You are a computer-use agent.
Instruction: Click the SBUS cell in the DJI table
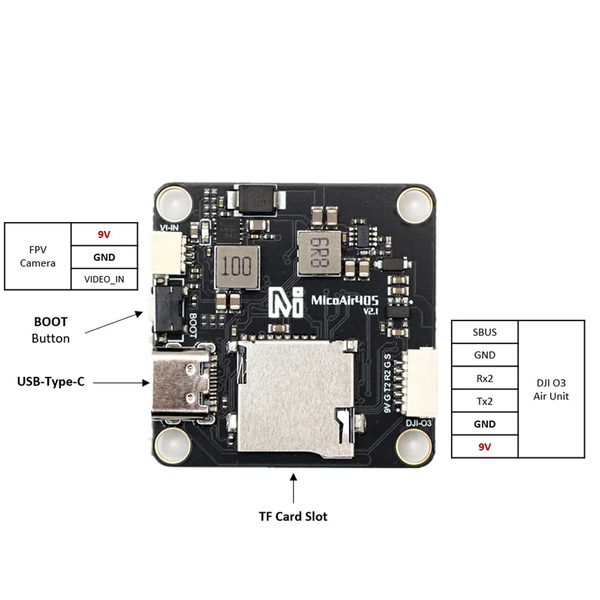(x=484, y=332)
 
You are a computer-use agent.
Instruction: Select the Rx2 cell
(x=484, y=378)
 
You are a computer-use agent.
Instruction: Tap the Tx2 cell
(x=484, y=401)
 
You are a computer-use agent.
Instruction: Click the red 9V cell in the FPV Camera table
(x=104, y=235)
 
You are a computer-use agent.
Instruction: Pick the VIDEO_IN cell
(x=104, y=280)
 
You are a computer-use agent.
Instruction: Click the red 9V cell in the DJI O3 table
(x=484, y=447)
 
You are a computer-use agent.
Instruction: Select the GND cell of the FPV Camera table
(x=104, y=257)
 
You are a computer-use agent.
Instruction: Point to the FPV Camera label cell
(x=38, y=257)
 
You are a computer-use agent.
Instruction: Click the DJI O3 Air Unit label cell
(x=551, y=389)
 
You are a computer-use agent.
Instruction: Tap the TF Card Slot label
(x=293, y=516)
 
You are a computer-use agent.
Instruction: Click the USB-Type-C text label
(x=50, y=381)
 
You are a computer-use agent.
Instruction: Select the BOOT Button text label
(x=50, y=330)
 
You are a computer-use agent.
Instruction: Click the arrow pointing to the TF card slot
(x=293, y=487)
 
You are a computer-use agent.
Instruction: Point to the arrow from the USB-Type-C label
(x=121, y=382)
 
